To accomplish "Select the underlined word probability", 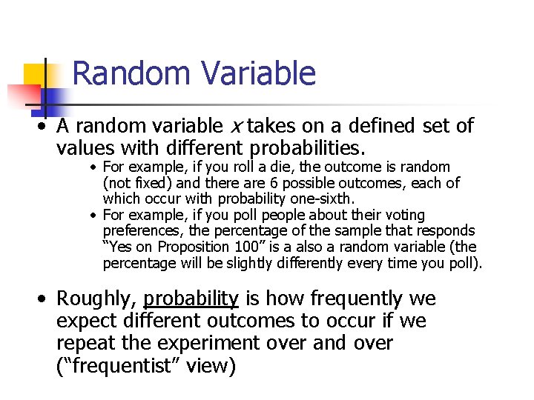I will point(191,299).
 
